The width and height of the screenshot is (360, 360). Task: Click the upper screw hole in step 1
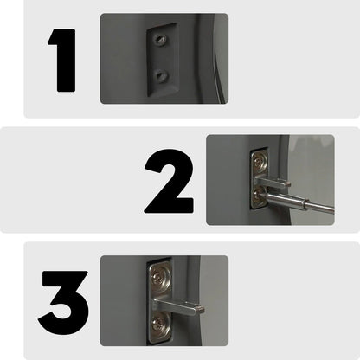point(159,40)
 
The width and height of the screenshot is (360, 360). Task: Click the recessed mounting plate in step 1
point(159,58)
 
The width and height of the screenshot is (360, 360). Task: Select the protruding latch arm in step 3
point(177,303)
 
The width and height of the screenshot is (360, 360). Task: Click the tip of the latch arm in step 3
point(202,305)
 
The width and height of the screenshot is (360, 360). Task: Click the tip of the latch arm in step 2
point(288,182)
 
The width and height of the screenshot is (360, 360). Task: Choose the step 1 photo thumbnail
point(164,58)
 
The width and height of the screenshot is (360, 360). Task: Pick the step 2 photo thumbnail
point(270,179)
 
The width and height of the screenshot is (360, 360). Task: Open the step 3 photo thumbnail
point(164,300)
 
